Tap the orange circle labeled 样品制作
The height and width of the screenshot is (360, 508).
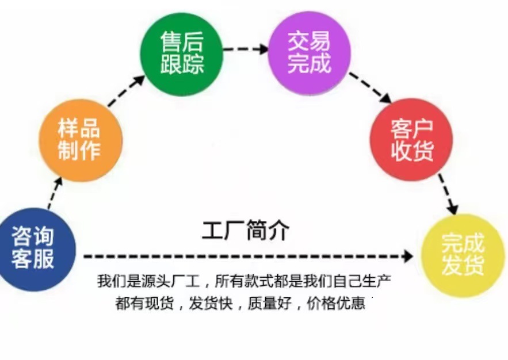81,140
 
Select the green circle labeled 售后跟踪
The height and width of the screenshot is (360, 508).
182,54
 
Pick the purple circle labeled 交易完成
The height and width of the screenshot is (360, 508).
310,53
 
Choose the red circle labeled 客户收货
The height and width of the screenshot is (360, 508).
411,140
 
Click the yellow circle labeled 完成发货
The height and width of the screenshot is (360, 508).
463,255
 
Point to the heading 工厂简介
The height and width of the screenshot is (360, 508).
246,231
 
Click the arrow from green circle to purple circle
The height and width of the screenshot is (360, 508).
246,49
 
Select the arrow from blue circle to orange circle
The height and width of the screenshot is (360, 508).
55,193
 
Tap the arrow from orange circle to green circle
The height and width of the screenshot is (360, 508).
127,91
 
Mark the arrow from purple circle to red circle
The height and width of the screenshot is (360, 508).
371,87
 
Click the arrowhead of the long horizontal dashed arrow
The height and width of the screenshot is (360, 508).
407,256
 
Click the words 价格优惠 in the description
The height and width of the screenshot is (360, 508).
336,303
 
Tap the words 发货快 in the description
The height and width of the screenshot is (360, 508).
211,303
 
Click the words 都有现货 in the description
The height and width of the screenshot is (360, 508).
144,303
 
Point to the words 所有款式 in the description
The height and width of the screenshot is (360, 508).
244,281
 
